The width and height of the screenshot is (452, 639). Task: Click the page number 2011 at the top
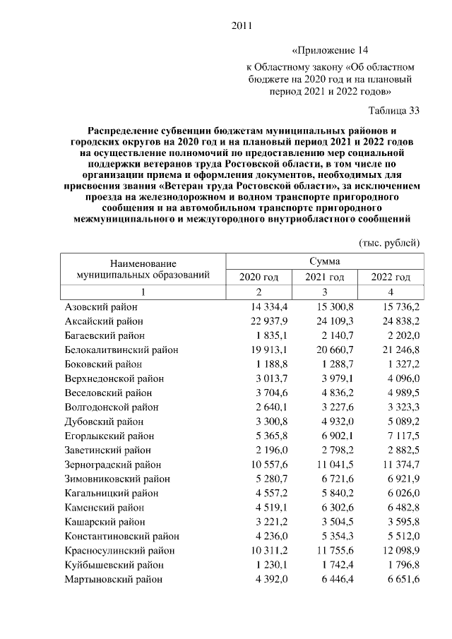coord(242,27)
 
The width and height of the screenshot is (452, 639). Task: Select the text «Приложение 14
coord(330,50)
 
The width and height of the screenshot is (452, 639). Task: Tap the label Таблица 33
coord(394,110)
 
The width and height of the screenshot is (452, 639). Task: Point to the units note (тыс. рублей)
coord(390,243)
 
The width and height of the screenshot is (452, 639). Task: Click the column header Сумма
coord(324,261)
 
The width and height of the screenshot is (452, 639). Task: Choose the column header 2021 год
coord(324,277)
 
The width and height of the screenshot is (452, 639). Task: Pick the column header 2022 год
coord(391,277)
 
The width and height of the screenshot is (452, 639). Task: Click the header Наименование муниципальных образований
coord(142,268)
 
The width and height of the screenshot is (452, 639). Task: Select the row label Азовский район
coord(101,307)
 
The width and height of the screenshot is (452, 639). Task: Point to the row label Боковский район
coord(103,364)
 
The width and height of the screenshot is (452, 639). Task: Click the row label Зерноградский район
coord(112,465)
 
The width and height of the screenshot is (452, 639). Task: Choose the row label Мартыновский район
coord(113,579)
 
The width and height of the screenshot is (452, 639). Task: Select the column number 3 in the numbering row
coord(324,292)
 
